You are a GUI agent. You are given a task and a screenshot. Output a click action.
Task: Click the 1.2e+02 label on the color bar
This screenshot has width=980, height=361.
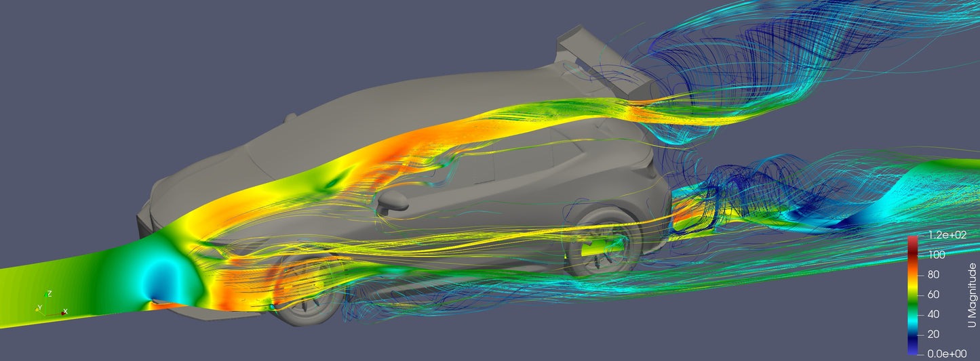pyautogui.click(x=947, y=235)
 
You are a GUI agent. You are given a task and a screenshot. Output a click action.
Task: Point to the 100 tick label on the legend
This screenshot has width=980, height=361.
pyautogui.click(x=937, y=255)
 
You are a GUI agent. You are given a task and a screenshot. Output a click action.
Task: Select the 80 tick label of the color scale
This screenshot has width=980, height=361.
pyautogui.click(x=934, y=274)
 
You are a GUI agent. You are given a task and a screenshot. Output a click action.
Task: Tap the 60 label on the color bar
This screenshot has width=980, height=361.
pyautogui.click(x=934, y=295)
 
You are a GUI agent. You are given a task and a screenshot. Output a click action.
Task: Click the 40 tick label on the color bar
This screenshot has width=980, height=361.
pyautogui.click(x=934, y=314)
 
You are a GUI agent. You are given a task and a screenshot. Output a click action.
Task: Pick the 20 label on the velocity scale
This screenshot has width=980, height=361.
pyautogui.click(x=934, y=335)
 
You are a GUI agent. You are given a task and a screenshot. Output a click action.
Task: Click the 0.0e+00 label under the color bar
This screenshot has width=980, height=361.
pyautogui.click(x=947, y=354)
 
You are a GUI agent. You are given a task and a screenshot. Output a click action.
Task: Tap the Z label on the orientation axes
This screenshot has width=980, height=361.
pyautogui.click(x=50, y=294)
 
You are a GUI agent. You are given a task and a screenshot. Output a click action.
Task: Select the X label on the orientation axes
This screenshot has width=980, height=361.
pyautogui.click(x=65, y=312)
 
